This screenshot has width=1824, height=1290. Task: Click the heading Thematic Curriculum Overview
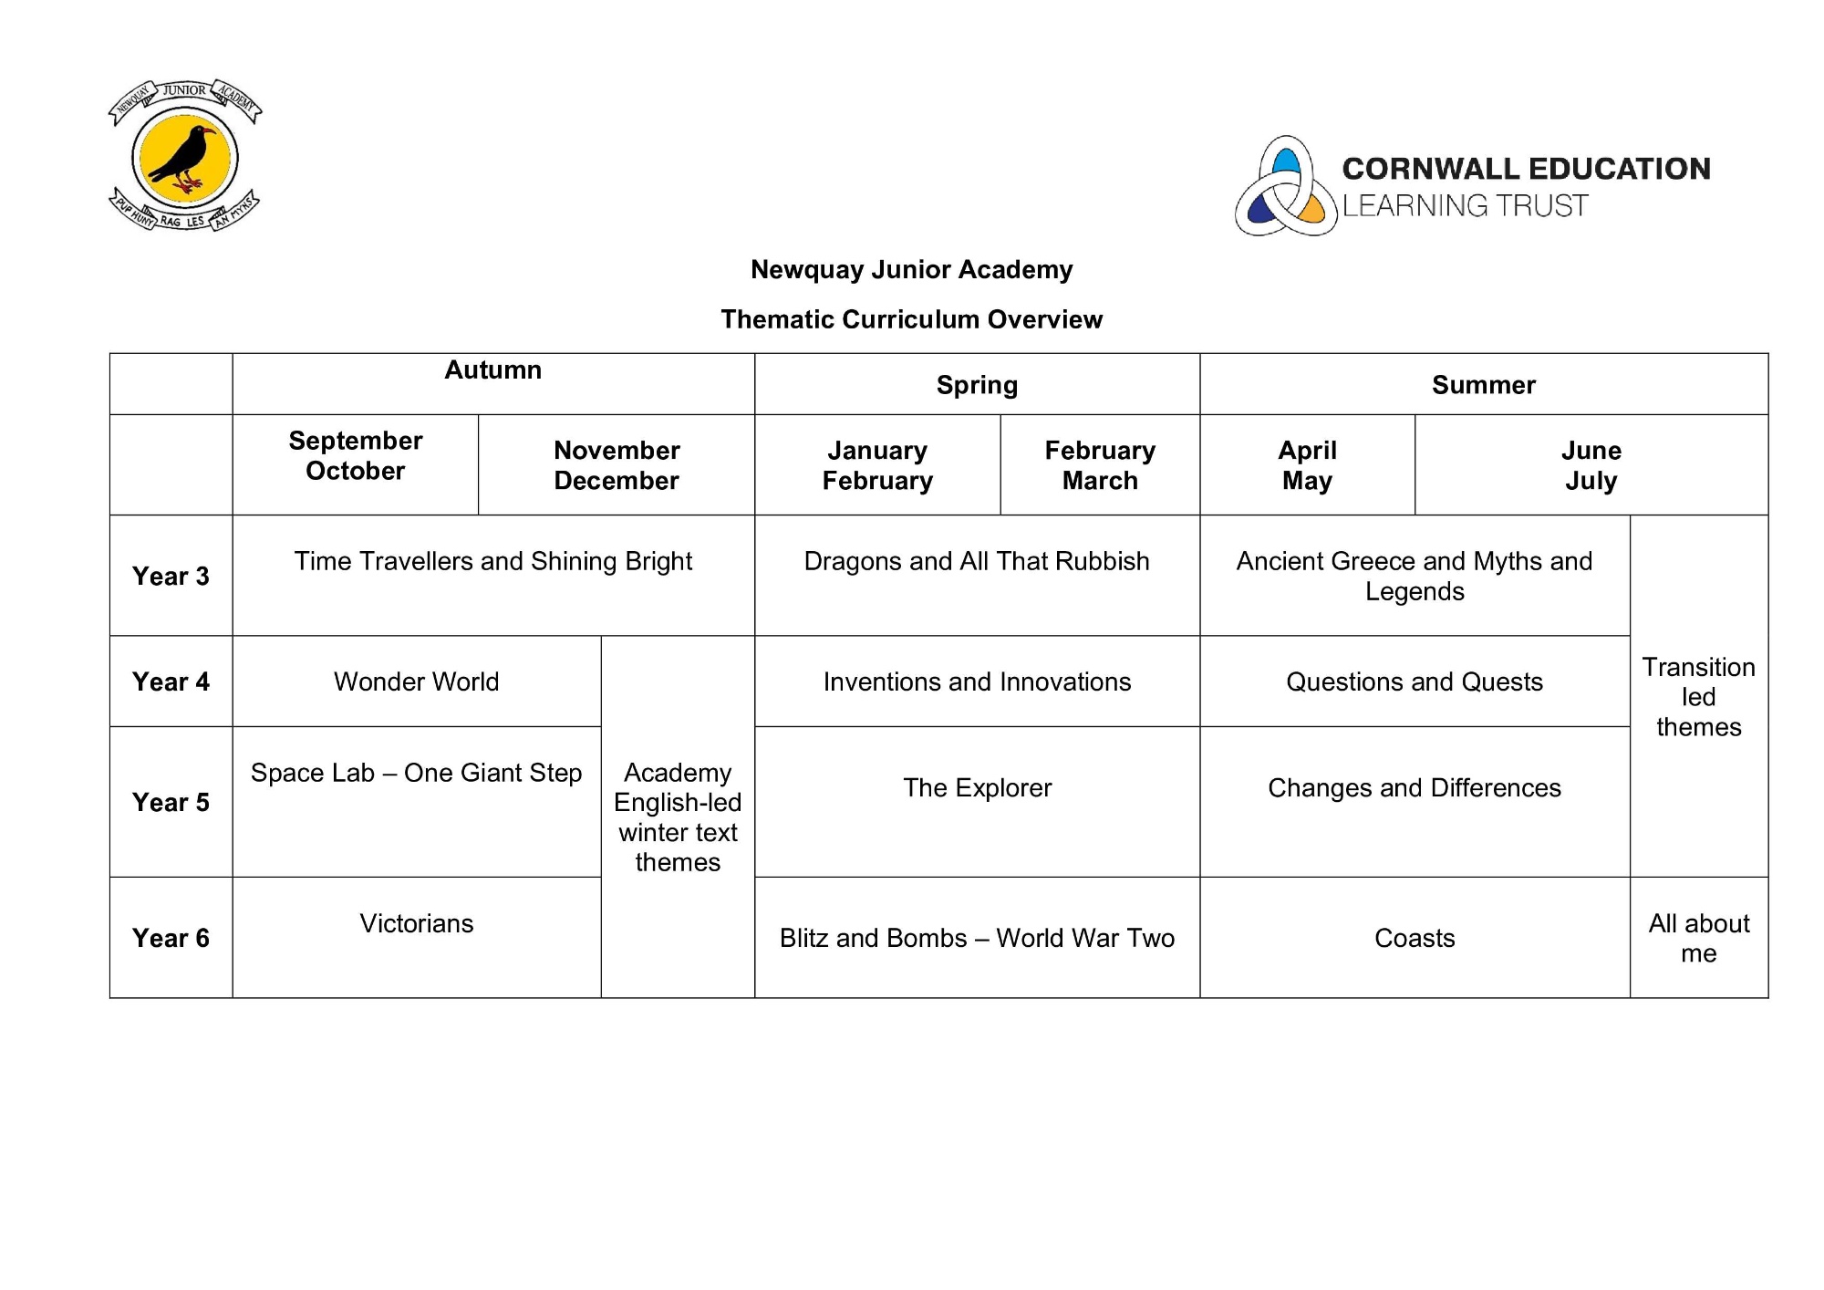point(911,319)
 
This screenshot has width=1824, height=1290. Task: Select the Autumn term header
point(492,370)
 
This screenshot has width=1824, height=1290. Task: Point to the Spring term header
point(977,385)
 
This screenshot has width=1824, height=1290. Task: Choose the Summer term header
point(1483,385)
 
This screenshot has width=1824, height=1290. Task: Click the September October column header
point(355,455)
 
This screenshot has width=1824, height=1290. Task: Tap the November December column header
point(617,465)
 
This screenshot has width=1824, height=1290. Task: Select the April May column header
point(1307,465)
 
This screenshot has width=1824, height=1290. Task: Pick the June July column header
point(1591,465)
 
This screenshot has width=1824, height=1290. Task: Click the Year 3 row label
point(171,576)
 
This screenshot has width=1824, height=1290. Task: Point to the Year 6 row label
point(171,938)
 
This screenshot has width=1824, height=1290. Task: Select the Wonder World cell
point(416,681)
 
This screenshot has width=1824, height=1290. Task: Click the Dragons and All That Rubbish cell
point(977,561)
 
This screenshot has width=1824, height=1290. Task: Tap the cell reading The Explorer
point(977,787)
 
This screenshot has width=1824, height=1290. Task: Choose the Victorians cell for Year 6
point(416,923)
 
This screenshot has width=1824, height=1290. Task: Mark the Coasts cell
point(1415,938)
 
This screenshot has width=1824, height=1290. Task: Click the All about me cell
point(1698,938)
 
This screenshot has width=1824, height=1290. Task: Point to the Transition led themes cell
point(1698,696)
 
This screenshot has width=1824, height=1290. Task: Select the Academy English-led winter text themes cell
point(678,817)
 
